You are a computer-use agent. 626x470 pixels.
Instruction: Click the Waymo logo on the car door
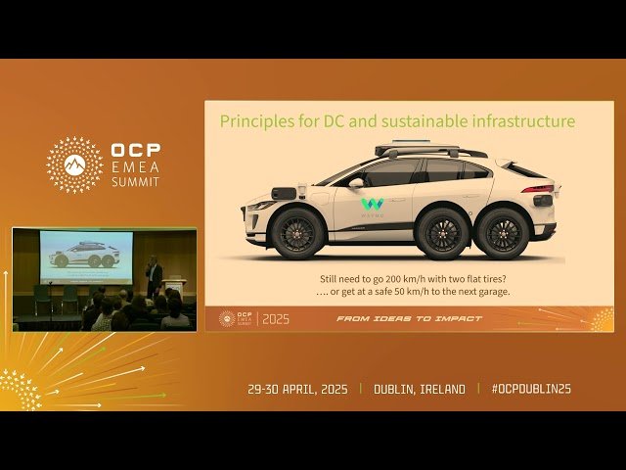(373, 206)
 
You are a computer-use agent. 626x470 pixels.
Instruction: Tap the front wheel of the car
(297, 233)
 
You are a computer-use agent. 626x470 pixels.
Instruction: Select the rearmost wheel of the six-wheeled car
(505, 233)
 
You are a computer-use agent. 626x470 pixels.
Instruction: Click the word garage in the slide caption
(490, 292)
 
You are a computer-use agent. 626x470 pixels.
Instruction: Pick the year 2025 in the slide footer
(276, 319)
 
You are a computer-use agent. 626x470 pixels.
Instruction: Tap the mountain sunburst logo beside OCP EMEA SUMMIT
(74, 164)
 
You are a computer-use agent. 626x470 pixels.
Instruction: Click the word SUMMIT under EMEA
(137, 182)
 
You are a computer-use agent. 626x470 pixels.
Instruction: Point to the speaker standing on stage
(154, 274)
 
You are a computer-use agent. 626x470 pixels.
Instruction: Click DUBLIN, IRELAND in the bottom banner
(420, 389)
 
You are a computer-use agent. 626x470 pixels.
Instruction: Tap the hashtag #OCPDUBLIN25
(531, 389)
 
